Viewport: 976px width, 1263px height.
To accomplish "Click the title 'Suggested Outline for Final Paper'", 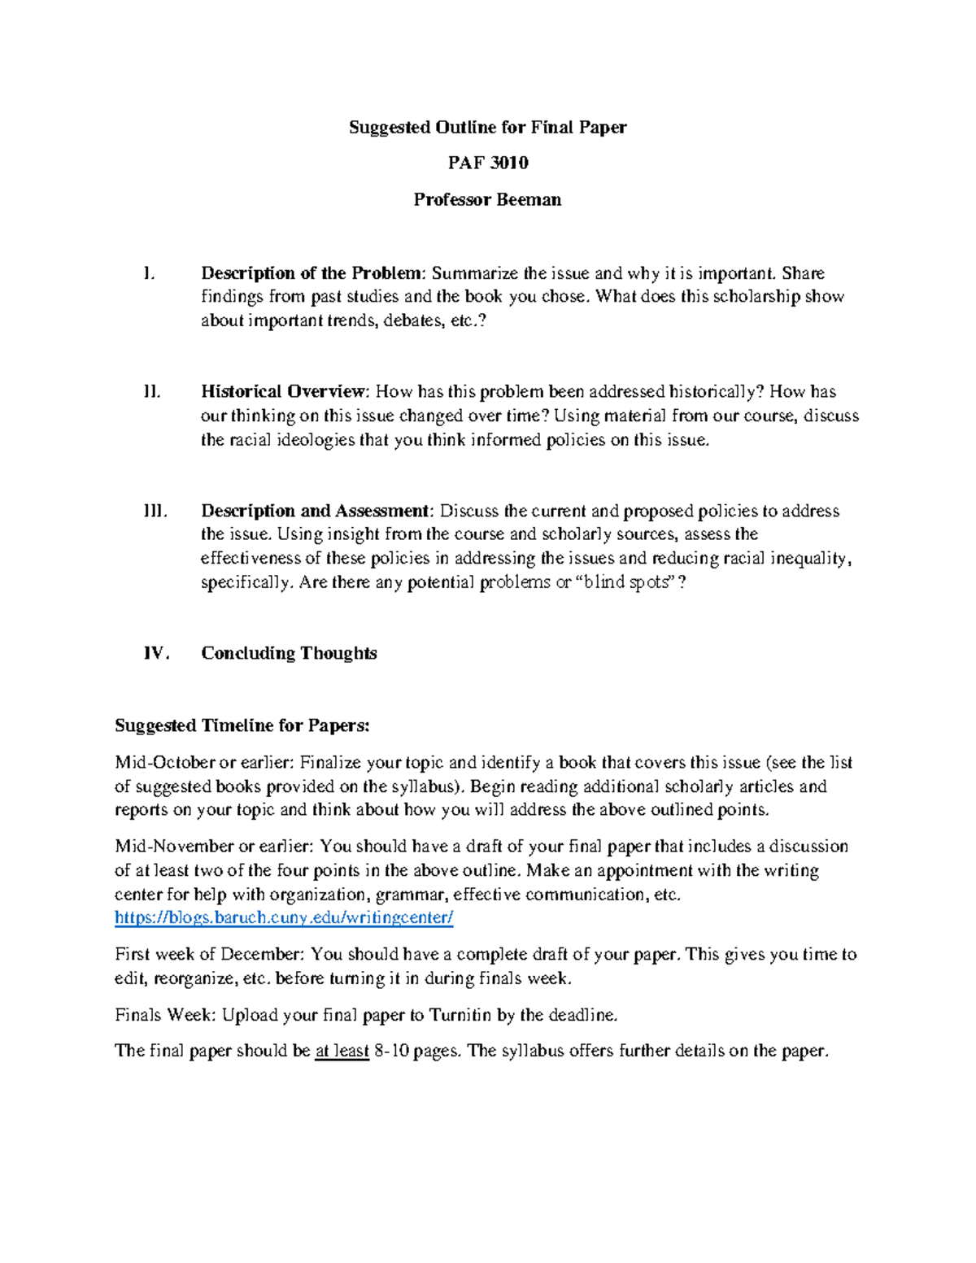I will click(487, 127).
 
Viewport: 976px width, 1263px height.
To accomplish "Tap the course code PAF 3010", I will click(487, 163).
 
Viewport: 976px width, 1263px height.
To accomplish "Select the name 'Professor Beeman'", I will click(487, 199).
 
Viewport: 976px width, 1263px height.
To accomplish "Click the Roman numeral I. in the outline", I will click(148, 273).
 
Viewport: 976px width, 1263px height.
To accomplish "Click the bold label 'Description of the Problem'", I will click(312, 273).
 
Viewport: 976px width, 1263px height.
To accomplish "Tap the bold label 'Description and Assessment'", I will click(315, 511).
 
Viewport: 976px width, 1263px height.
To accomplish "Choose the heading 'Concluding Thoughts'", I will click(289, 653).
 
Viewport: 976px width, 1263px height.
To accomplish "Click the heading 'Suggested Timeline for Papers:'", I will click(242, 725).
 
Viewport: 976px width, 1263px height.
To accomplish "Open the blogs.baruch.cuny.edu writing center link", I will click(284, 918).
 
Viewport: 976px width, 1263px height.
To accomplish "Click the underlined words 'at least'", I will click(342, 1051).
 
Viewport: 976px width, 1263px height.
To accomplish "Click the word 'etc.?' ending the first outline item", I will click(473, 320).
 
